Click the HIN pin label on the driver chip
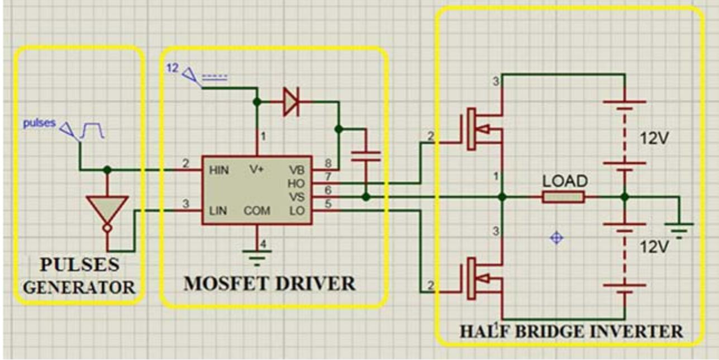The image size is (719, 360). [x=218, y=170]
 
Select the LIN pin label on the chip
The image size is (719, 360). [x=217, y=211]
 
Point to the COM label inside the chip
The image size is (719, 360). [x=256, y=211]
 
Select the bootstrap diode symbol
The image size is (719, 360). [x=291, y=102]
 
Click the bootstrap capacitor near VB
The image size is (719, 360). [x=365, y=155]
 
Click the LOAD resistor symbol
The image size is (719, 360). [x=564, y=197]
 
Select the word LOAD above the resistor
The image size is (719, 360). [x=565, y=181]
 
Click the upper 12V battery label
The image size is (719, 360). [x=653, y=137]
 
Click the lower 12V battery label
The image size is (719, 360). [x=653, y=245]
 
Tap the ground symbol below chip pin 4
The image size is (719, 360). [x=257, y=258]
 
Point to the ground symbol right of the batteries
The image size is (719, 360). [x=679, y=229]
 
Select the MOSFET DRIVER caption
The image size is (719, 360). [x=269, y=283]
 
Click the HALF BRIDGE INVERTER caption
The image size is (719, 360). [x=571, y=331]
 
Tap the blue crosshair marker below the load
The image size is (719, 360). [x=556, y=238]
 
